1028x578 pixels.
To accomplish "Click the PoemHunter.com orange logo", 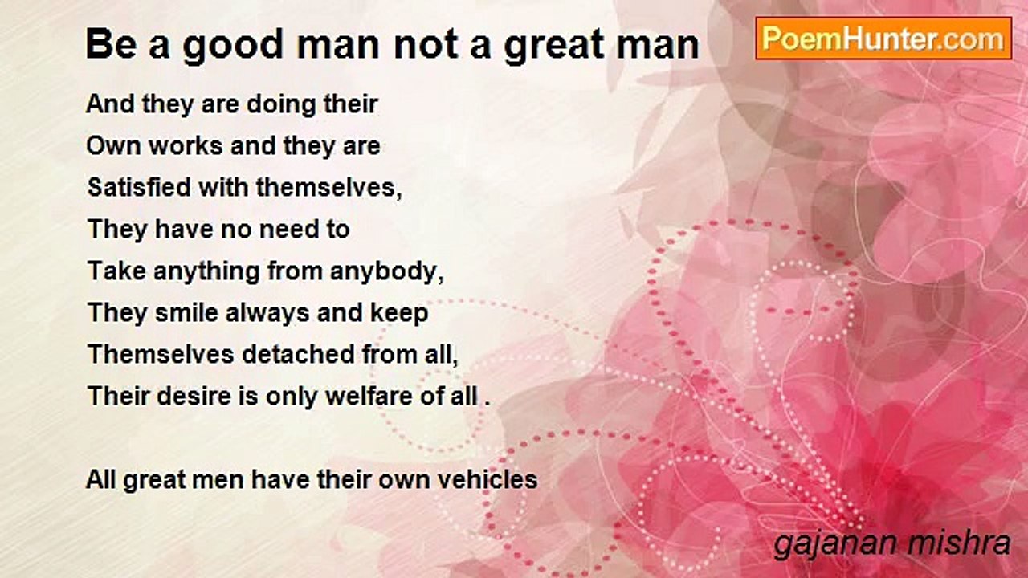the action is pos(883,39).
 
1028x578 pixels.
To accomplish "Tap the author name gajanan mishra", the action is pos(891,544).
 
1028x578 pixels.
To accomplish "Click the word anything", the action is pos(206,272).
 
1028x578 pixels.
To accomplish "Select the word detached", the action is pos(298,354).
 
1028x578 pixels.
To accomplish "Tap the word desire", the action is pos(194,396).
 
